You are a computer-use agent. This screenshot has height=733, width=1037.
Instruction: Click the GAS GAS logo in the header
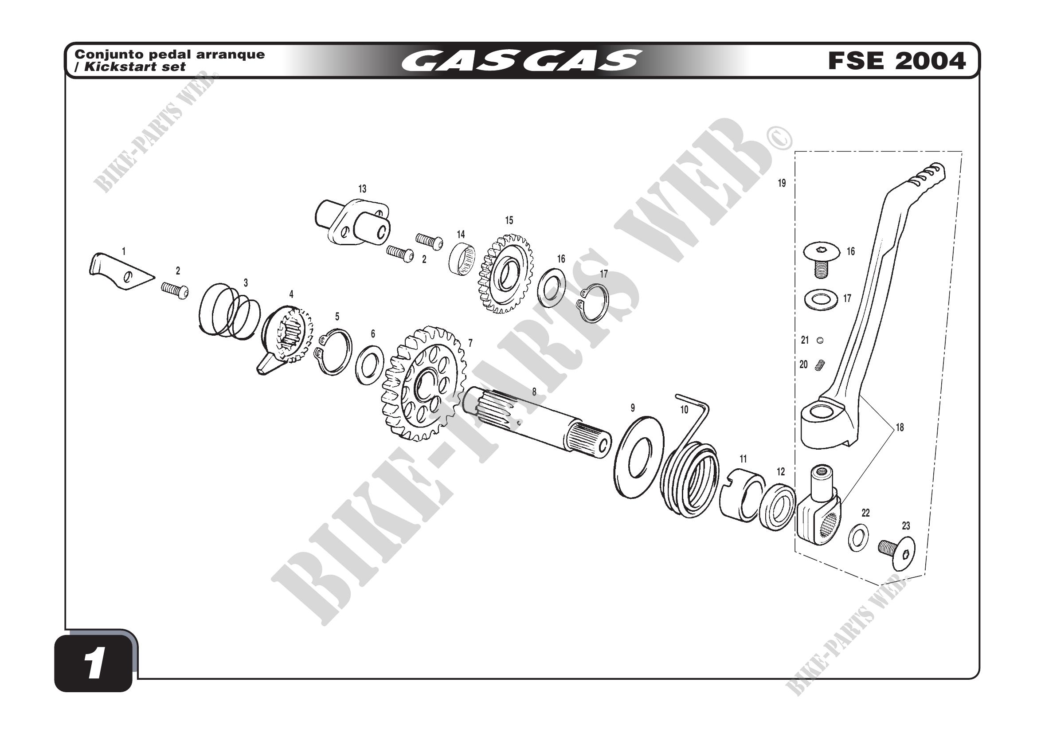point(521,61)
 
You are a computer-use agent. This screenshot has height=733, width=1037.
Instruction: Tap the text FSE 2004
point(896,61)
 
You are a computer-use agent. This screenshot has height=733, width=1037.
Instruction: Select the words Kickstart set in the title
point(135,67)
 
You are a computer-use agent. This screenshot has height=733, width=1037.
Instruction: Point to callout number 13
point(362,189)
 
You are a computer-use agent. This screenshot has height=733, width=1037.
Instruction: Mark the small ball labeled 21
point(820,340)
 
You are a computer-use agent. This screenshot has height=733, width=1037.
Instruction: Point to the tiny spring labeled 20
point(820,365)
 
